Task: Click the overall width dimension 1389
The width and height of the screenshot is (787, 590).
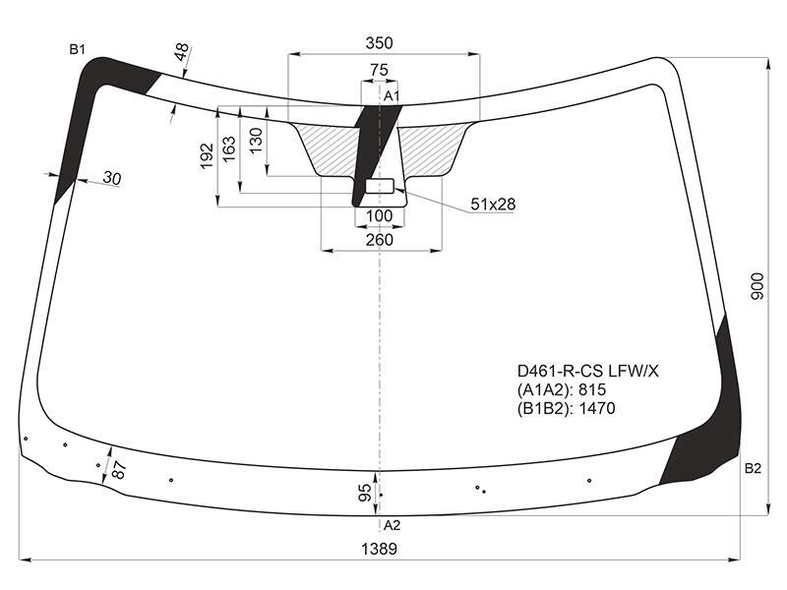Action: coord(379,549)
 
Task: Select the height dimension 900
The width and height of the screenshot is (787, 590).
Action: coord(757,286)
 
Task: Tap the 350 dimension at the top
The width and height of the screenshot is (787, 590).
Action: coord(379,43)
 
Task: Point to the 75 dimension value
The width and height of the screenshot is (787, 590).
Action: coord(379,70)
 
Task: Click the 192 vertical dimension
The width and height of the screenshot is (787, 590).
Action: coord(207,156)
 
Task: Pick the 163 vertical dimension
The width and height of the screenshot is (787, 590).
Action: coord(229,149)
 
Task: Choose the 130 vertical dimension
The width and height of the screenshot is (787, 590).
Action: coord(256,141)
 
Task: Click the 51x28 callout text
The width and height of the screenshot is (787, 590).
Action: coord(493,205)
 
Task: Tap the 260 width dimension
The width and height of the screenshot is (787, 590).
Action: coord(379,240)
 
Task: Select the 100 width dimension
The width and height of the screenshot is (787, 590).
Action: coord(379,215)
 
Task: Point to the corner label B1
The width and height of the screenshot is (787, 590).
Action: coord(78,50)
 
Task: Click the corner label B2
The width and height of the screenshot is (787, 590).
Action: coord(753,469)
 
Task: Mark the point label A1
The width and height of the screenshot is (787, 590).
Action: coord(391,96)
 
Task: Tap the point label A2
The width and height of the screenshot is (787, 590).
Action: coord(392,525)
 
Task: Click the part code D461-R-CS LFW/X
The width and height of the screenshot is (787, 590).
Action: coord(587,372)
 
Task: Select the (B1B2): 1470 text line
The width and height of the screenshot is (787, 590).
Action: coord(567,408)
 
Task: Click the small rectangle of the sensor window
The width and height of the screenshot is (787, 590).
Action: coord(380,186)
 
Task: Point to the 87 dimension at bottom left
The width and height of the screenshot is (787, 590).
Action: coord(118,470)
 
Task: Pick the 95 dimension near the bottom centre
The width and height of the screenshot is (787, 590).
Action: coord(365,493)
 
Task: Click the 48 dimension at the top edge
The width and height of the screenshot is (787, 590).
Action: coord(182,52)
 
